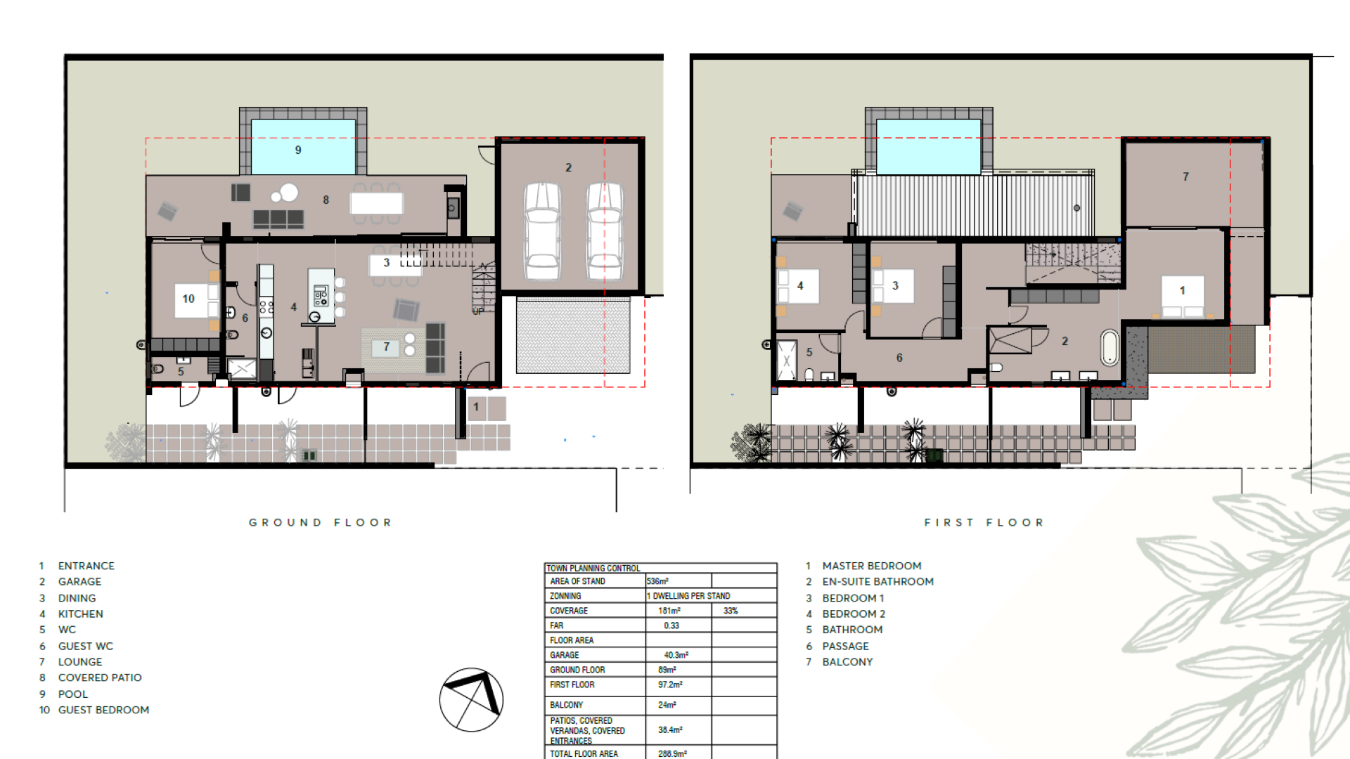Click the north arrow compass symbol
pos(471,699)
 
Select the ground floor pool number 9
pos(298,150)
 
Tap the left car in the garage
pos(543,231)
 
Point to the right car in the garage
pos(605,231)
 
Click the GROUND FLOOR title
pos(320,522)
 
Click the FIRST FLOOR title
pos(984,522)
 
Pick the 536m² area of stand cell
pos(657,581)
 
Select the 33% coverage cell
pos(731,611)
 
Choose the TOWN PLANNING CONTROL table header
pos(593,568)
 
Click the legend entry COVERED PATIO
pos(100,677)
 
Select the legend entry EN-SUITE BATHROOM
pos(878,581)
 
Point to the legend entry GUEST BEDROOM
pos(103,710)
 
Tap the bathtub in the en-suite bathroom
pos(1110,347)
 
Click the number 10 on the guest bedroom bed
pos(188,299)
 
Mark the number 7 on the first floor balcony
pos(1185,176)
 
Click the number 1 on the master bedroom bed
pos(1182,290)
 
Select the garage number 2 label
pos(568,167)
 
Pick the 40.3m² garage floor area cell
pos(676,655)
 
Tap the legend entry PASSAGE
pos(846,646)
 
